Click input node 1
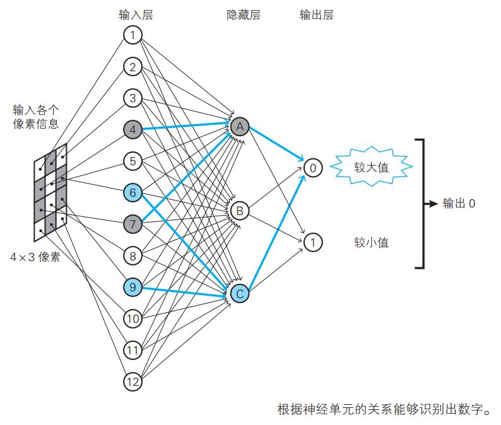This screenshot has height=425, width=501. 133,35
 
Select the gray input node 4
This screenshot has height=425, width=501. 133,130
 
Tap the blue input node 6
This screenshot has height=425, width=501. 133,192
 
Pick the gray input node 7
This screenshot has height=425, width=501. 133,224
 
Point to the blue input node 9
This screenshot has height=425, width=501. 133,287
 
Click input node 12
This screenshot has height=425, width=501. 133,381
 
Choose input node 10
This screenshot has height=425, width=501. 133,318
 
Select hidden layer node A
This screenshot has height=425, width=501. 240,127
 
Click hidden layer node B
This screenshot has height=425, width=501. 240,211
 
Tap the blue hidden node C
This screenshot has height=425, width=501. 240,294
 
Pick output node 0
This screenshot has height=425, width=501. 313,168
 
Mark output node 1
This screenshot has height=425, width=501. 313,242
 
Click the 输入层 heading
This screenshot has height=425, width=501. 136,15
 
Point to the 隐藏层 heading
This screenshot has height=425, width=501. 244,15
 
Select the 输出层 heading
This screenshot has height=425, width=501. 317,15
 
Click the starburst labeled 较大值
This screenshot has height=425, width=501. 371,167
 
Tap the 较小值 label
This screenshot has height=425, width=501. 371,243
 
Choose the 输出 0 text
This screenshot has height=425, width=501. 459,204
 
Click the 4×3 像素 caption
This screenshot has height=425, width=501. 35,257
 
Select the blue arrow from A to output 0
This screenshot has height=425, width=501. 276,144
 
